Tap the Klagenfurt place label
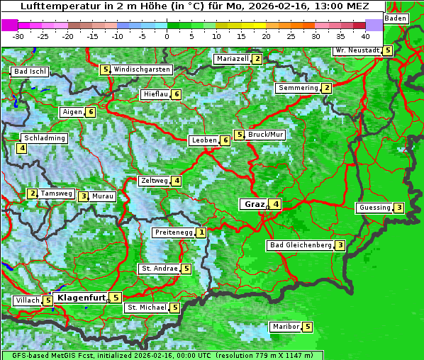pyautogui.click(x=81, y=298)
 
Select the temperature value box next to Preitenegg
pyautogui.click(x=202, y=232)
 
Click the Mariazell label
pyautogui.click(x=233, y=59)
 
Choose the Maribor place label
pyautogui.click(x=284, y=327)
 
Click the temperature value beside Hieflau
pyautogui.click(x=177, y=94)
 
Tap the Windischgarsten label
pyautogui.click(x=142, y=69)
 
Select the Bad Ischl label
pyautogui.click(x=30, y=72)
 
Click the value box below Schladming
pyautogui.click(x=23, y=148)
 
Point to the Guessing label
pyautogui.click(x=375, y=208)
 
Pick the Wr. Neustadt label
pyautogui.click(x=357, y=50)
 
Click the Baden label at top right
pyautogui.click(x=396, y=18)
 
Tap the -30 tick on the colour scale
pyautogui.click(x=18, y=35)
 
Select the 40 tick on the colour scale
pyautogui.click(x=365, y=35)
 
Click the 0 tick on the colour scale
pyautogui.click(x=167, y=35)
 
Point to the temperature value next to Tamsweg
pyautogui.click(x=32, y=193)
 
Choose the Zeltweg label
pyautogui.click(x=154, y=181)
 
